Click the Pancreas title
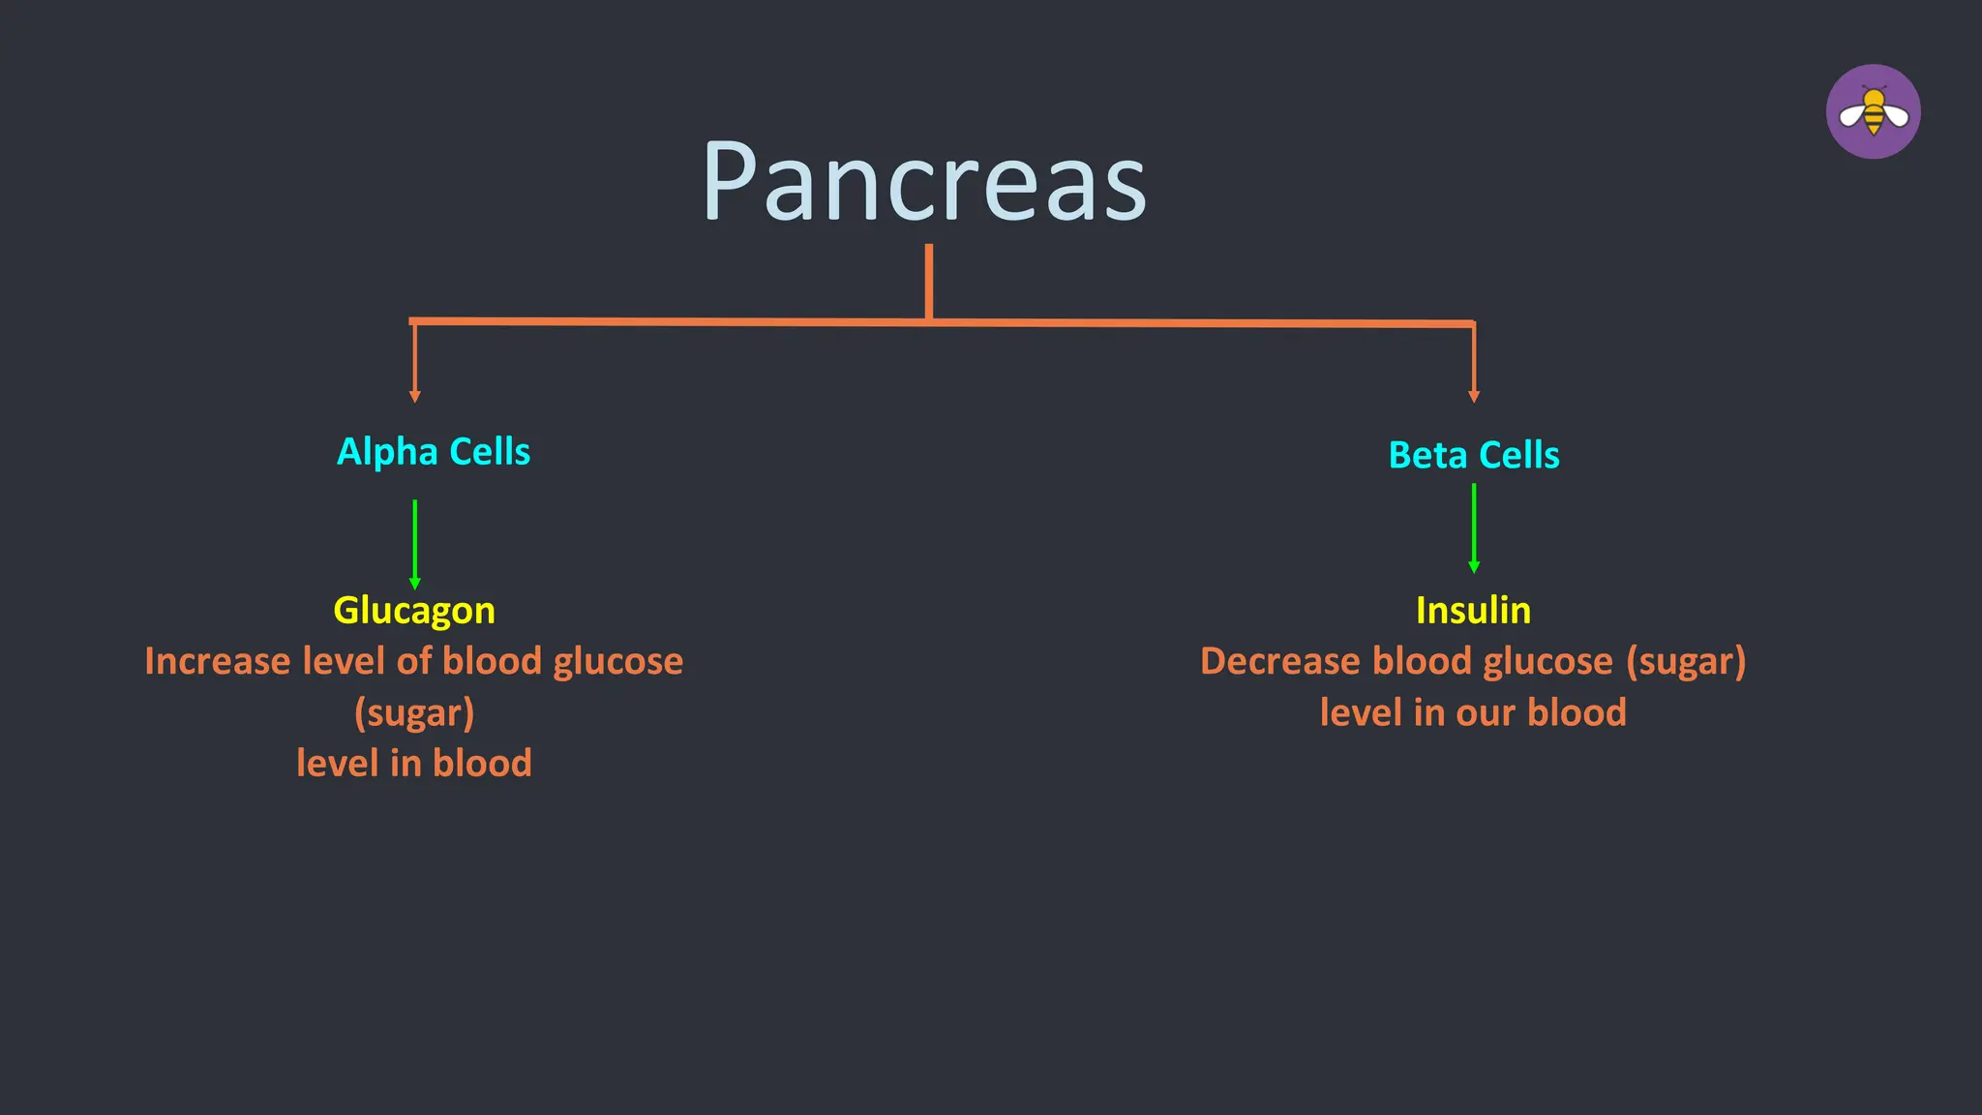924,182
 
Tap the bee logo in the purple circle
1873,112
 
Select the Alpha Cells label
433,452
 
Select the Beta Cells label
1473,455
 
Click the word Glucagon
414,611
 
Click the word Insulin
1473,611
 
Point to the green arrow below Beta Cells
1474,527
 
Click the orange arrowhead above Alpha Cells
415,396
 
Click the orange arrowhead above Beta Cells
1474,396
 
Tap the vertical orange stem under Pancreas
929,281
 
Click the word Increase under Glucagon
218,662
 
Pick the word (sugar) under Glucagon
414,713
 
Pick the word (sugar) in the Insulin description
1686,662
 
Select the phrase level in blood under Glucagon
414,764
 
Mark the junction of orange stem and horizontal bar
929,320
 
